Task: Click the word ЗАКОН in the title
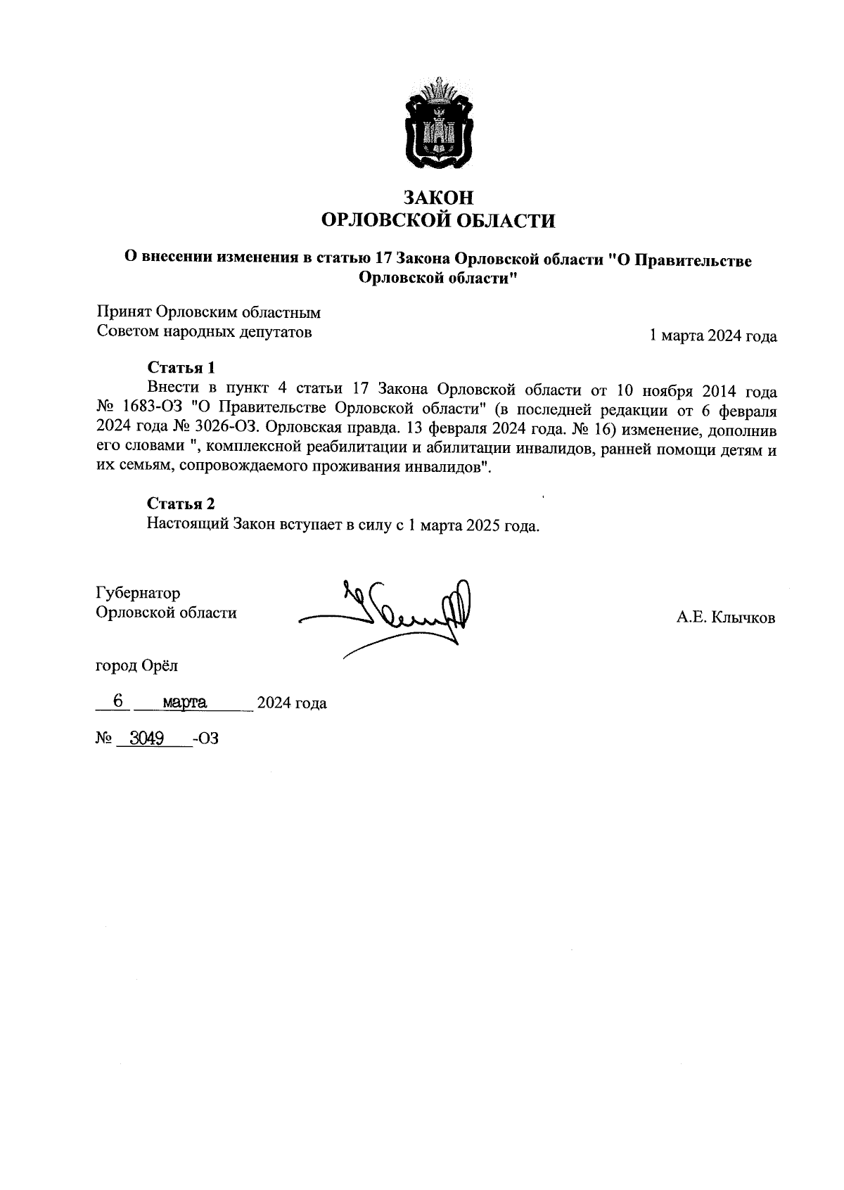click(437, 198)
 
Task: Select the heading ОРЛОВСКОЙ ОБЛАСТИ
click(437, 221)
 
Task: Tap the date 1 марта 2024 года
click(712, 336)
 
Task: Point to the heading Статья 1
click(181, 367)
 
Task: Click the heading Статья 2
click(181, 503)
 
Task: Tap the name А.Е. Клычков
click(726, 618)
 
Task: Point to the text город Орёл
click(137, 664)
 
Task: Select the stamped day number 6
click(118, 701)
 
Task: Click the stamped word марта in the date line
click(184, 702)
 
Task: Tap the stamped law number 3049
click(142, 738)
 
